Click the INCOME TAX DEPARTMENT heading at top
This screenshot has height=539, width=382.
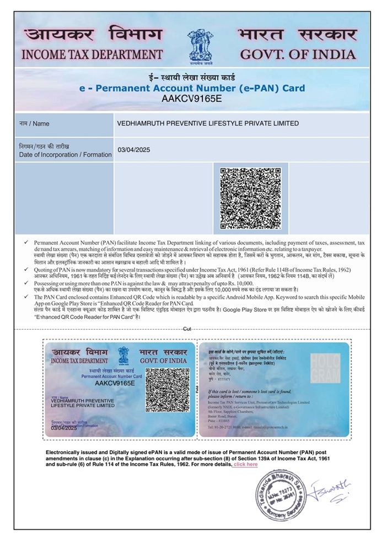92,55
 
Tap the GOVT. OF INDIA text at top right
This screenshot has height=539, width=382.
298,55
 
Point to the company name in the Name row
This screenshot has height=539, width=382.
208,123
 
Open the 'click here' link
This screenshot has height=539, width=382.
245,464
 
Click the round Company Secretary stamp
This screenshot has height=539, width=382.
280,497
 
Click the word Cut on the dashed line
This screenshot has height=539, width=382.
187,328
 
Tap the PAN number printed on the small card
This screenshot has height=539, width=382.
115,382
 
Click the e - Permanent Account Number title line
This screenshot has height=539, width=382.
191,88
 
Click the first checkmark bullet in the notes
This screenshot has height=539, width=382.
26,242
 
